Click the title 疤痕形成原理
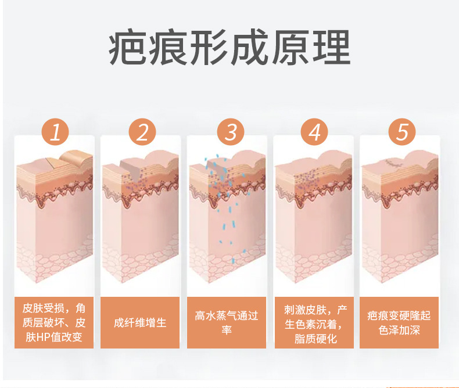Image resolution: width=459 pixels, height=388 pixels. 229,48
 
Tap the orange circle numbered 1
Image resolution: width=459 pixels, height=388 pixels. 55,132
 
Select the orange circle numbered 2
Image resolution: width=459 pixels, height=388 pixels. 142,132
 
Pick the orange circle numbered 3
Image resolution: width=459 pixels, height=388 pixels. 231,132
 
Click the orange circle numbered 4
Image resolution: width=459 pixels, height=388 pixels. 315,132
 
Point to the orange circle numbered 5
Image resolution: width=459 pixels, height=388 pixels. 402,132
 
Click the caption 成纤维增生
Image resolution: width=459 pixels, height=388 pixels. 140,323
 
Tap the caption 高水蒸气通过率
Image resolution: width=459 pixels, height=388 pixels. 227,323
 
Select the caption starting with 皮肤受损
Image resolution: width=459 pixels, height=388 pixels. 54,322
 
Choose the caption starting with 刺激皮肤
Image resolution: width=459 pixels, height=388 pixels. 315,324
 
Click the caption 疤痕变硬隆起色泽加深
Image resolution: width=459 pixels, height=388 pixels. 399,323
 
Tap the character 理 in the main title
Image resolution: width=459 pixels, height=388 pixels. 332,48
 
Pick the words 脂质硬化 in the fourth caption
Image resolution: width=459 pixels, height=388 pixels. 315,339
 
